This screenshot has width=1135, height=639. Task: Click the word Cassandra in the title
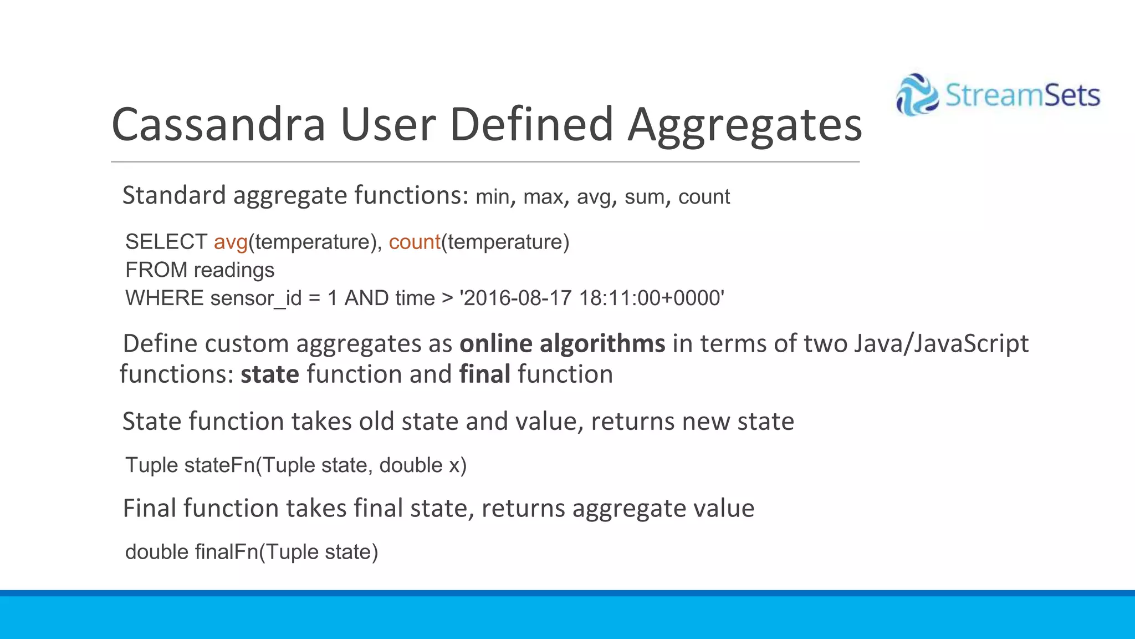tap(218, 124)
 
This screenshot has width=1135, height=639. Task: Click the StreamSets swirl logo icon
tap(917, 95)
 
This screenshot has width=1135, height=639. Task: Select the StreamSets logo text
tap(1022, 95)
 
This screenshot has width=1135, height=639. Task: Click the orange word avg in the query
tap(231, 242)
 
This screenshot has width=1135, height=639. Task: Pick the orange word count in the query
tap(415, 242)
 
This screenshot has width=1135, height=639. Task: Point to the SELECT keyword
tap(166, 242)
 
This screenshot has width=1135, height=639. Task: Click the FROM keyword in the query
tap(156, 270)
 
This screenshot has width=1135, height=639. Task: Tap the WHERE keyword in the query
tap(165, 298)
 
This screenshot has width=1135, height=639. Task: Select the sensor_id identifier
tap(256, 298)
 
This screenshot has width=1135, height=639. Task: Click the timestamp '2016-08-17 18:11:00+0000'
tap(592, 298)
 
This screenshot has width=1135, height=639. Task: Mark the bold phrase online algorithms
tap(562, 344)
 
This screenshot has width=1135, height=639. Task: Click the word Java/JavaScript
tap(940, 344)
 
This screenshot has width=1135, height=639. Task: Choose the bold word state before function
tap(270, 374)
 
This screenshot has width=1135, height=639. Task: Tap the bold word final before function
tap(485, 374)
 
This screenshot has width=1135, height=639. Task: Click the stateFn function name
tap(219, 465)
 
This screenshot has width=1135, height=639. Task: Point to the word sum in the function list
tap(645, 197)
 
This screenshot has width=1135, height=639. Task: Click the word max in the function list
tap(543, 197)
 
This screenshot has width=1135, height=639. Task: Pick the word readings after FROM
tap(234, 270)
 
